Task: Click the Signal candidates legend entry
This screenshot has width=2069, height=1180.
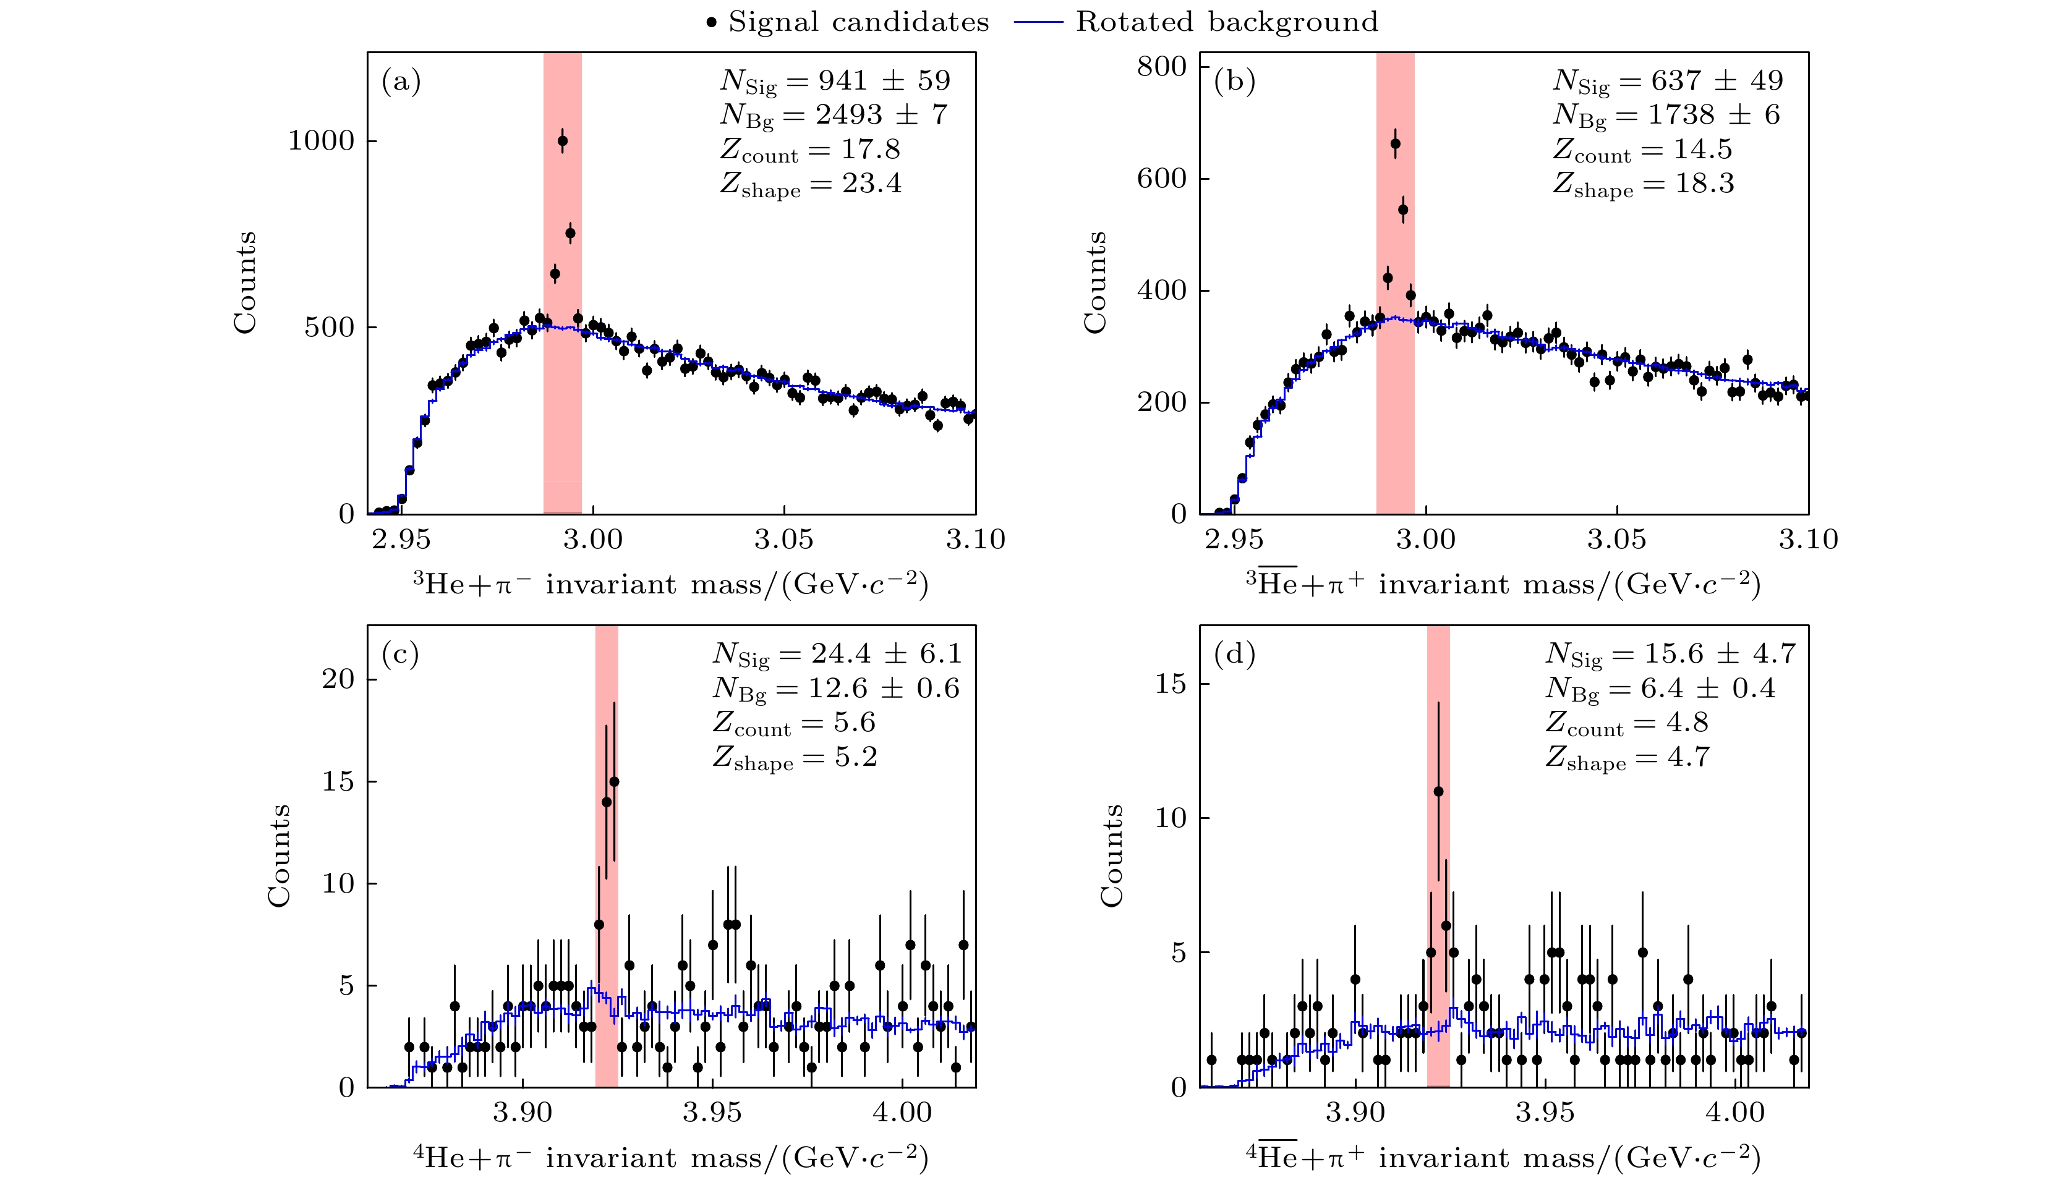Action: click(848, 22)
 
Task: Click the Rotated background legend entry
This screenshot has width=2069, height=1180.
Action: click(1196, 22)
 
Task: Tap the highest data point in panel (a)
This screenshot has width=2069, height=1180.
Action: click(563, 141)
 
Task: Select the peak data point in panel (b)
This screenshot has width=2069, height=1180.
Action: click(1395, 144)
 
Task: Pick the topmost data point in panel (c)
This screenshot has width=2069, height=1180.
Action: click(614, 782)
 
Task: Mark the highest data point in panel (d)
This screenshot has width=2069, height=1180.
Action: click(1438, 792)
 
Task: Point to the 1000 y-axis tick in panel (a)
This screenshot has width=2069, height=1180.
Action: click(322, 141)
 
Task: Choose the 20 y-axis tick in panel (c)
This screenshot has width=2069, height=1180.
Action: click(338, 679)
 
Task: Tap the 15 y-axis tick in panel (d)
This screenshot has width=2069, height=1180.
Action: click(1171, 684)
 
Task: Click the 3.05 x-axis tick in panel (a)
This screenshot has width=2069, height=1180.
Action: click(784, 540)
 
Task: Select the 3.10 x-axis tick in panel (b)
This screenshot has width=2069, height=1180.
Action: click(1808, 540)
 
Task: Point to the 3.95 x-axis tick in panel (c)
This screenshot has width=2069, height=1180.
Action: click(712, 1112)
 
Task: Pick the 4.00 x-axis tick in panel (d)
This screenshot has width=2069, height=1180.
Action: click(1735, 1112)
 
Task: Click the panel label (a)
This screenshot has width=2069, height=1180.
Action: click(401, 81)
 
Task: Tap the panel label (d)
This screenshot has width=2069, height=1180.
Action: click(1234, 653)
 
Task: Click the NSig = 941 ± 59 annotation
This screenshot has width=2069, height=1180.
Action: click(835, 81)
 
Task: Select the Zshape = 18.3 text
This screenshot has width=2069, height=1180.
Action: click(1644, 184)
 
